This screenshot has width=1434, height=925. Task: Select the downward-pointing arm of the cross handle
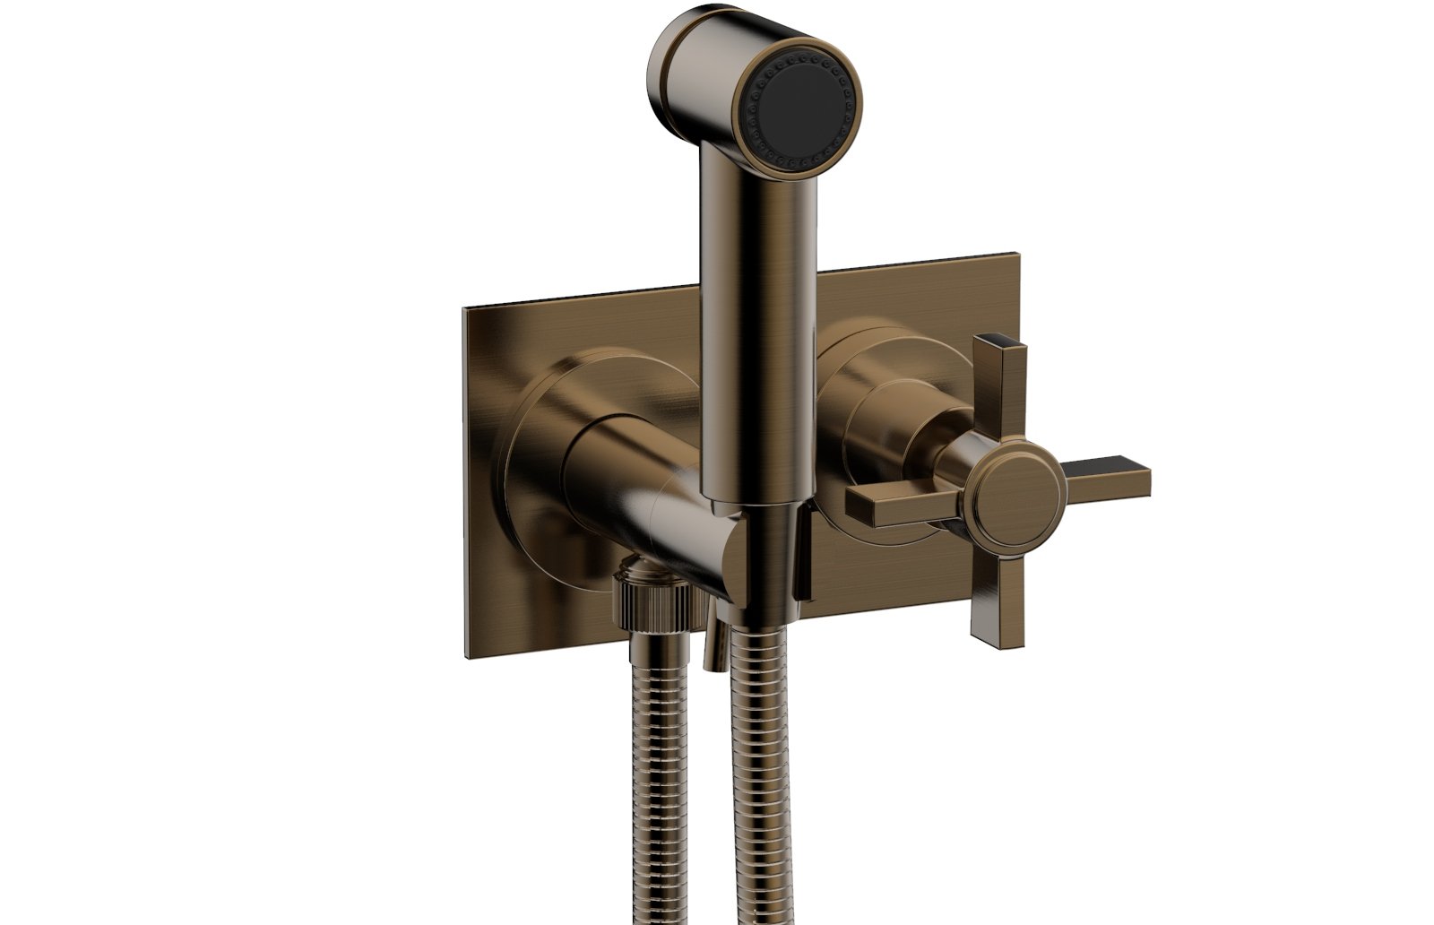tap(992, 601)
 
